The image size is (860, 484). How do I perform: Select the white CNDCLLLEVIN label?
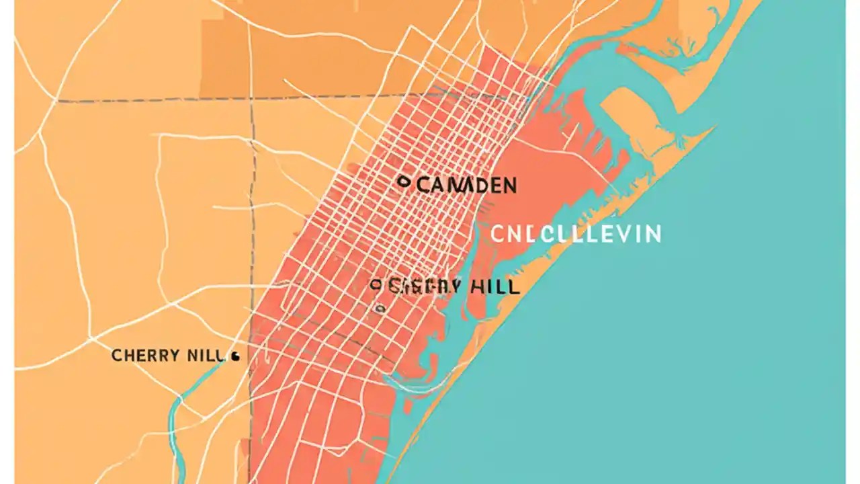[575, 234]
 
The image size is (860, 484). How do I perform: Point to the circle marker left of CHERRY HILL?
[376, 285]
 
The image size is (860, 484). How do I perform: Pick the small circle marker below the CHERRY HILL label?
[380, 309]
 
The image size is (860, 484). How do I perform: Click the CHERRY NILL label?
[167, 356]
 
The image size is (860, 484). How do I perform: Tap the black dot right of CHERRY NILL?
[234, 357]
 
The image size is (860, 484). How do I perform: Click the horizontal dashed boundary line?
[155, 101]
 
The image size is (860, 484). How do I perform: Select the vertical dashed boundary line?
[253, 202]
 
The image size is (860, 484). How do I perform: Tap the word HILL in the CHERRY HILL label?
[494, 287]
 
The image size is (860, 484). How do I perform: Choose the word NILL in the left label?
[204, 356]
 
